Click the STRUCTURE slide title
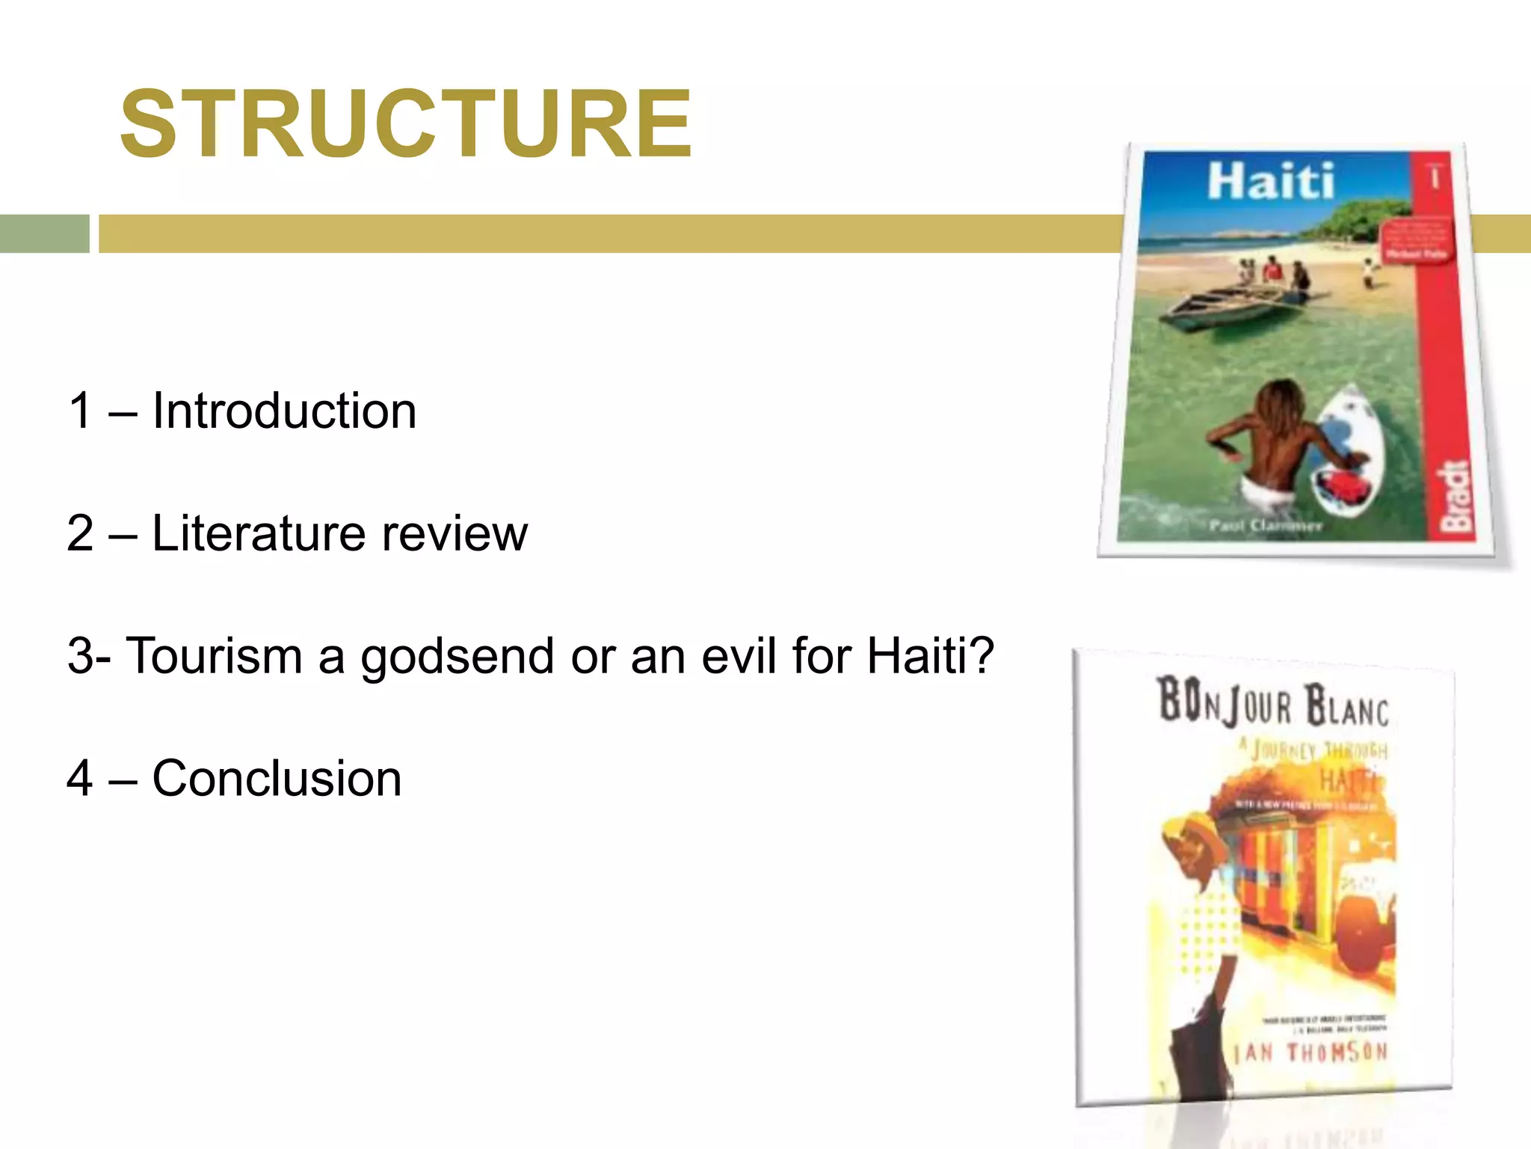coord(406,124)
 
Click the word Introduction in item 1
coord(284,411)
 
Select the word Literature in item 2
coord(259,533)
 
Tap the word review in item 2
coord(455,533)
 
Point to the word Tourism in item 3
coord(214,656)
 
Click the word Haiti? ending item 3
coord(930,656)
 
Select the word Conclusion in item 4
coord(277,779)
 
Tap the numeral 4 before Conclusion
coord(80,779)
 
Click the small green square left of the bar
coord(44,233)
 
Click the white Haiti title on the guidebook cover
coord(1270,182)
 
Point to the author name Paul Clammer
coord(1266,526)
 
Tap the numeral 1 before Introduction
coord(80,411)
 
